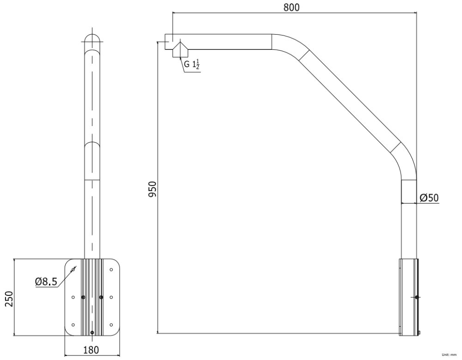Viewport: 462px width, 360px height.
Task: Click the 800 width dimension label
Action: click(292, 7)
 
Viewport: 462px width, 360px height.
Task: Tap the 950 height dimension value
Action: click(153, 189)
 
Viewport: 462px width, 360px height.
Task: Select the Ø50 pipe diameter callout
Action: click(429, 198)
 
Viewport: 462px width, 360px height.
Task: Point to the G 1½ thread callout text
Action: click(192, 64)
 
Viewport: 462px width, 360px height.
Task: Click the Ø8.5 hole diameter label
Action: click(46, 281)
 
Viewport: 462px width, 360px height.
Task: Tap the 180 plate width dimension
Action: click(91, 350)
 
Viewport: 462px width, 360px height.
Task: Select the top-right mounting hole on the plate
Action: click(111, 269)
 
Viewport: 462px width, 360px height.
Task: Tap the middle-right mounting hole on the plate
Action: click(111, 297)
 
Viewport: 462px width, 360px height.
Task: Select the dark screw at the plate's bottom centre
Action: click(92, 332)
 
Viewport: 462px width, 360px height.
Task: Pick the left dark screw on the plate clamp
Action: click(83, 297)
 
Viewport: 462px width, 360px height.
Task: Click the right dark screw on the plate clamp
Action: click(101, 297)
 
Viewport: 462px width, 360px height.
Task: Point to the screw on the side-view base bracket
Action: click(417, 297)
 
